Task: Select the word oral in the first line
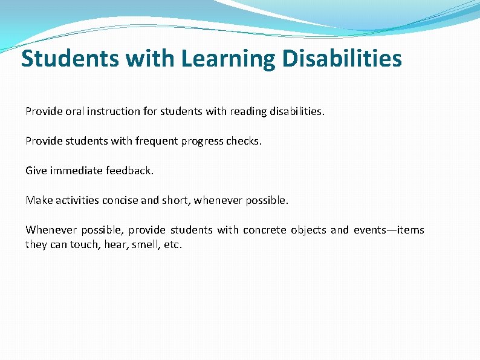click(75, 111)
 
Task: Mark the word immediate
click(77, 171)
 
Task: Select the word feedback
click(130, 171)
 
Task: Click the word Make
click(39, 200)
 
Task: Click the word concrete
click(264, 230)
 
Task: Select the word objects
click(308, 230)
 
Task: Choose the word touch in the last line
click(84, 244)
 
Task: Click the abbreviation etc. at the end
click(173, 244)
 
